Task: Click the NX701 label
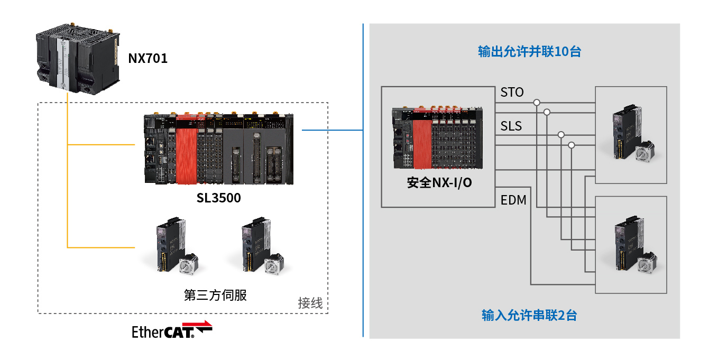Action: (x=148, y=58)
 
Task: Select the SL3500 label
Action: (x=218, y=198)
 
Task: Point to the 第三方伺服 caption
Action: (x=215, y=295)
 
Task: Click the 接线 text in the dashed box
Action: (x=310, y=303)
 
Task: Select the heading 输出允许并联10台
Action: (x=529, y=52)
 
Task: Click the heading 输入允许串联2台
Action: (x=529, y=316)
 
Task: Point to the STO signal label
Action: (x=512, y=93)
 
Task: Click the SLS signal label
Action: (x=511, y=126)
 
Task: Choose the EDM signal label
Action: (x=513, y=200)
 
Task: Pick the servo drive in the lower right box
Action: (x=631, y=244)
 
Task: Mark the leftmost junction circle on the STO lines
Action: (x=537, y=102)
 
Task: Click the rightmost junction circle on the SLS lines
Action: (x=571, y=145)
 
